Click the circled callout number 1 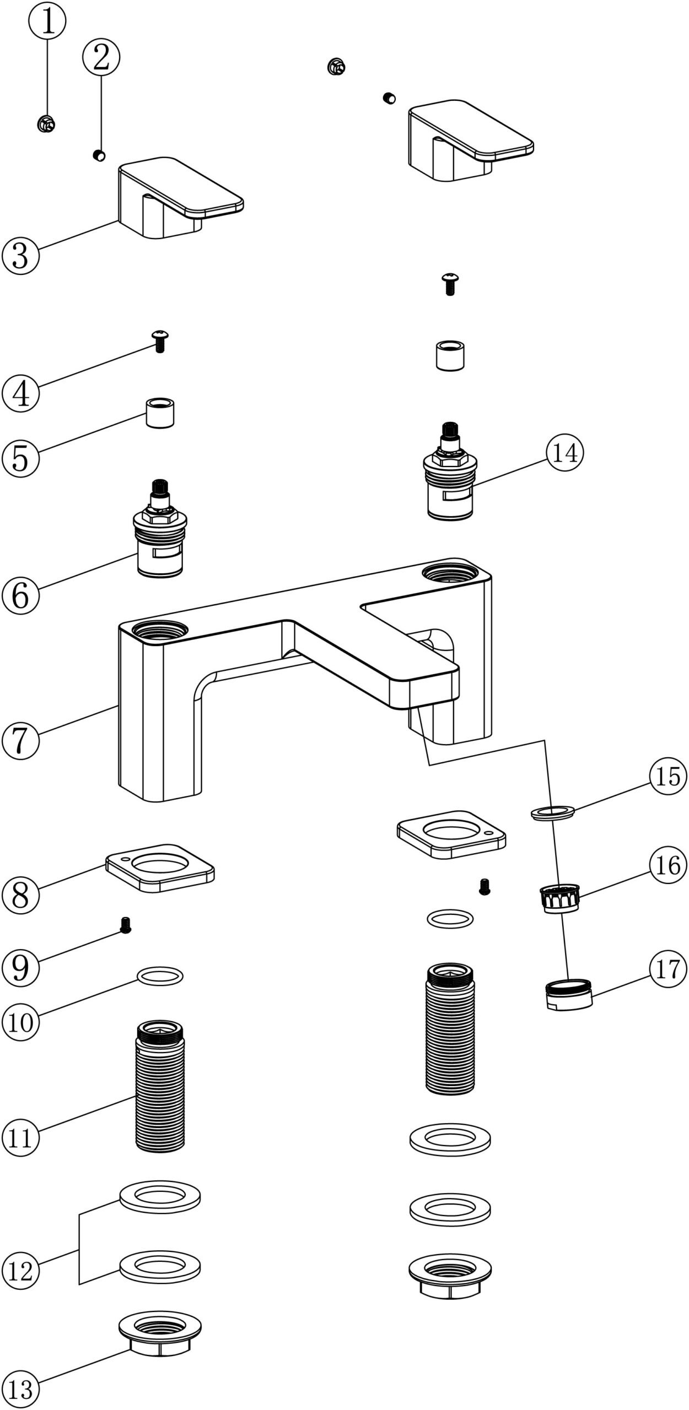click(x=47, y=21)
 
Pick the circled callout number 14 click(x=565, y=453)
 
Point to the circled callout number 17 click(x=668, y=969)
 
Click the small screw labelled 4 click(x=160, y=341)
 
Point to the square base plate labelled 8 click(x=160, y=870)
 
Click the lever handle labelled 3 click(x=176, y=198)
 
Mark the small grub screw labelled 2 click(x=99, y=155)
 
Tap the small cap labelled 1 click(x=46, y=124)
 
